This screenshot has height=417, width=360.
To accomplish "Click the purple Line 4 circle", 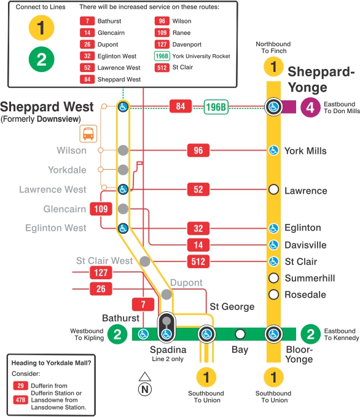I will pos(310,108).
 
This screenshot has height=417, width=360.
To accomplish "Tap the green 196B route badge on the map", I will pos(216,108).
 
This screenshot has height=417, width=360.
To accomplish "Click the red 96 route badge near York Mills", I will pos(198,150).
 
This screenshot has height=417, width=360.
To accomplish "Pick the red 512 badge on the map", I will pos(198,261).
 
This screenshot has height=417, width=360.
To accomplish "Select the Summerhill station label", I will pos(310,279).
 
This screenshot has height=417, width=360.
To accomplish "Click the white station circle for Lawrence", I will pos(274,189).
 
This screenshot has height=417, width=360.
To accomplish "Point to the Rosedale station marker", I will pos(274,295).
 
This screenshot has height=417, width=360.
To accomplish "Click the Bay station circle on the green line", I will pos(240,334).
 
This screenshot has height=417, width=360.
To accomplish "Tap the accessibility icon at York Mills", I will pos(274,150).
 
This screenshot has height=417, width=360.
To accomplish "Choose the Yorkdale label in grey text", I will pos(68,170).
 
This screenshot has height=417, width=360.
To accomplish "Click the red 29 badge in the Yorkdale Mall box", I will pos(20,385).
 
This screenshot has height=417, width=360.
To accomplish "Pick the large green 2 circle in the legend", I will pos(42,59).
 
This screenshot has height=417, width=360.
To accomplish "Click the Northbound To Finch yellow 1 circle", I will pos(274,67).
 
